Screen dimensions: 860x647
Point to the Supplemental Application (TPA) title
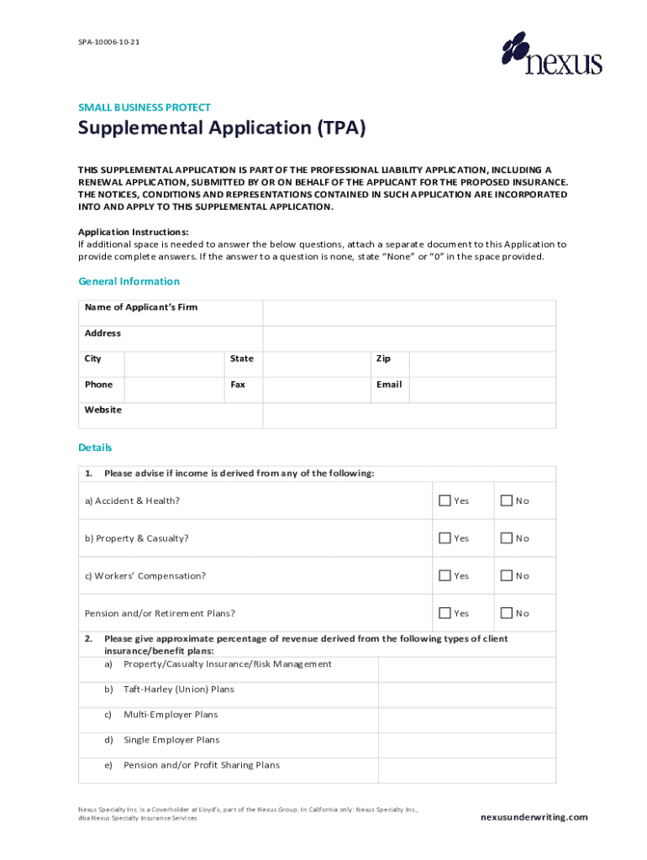[x=222, y=128]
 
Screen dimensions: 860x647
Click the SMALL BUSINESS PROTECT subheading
[x=145, y=107]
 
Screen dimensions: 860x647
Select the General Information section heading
[x=129, y=281]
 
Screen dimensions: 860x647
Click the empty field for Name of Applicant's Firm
[x=408, y=312]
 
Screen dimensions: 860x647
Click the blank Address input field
[x=408, y=338]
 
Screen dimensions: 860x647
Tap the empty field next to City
[x=173, y=364]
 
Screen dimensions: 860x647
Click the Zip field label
[x=383, y=359]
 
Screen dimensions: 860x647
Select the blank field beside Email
[x=482, y=389]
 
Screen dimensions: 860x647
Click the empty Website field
[x=408, y=415]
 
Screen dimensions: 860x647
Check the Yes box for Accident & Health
[x=444, y=501]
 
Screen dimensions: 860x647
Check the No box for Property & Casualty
[x=506, y=538]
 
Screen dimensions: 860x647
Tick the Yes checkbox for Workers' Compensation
[x=444, y=576]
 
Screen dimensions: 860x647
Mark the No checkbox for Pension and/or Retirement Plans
[x=506, y=614]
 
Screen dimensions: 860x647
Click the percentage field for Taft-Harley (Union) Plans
[x=466, y=695]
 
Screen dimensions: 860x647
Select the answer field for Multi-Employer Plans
[x=466, y=720]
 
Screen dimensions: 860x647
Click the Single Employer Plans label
[x=171, y=740]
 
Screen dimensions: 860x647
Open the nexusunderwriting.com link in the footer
[x=534, y=817]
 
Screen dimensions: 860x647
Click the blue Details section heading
[x=95, y=448]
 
